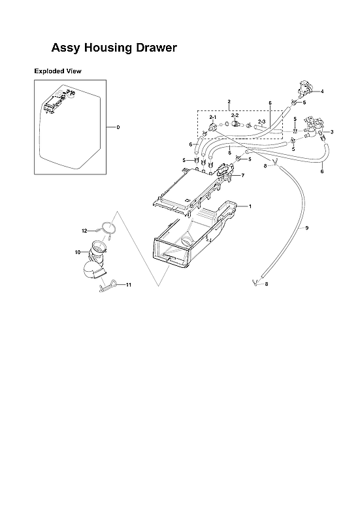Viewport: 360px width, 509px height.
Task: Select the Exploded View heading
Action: click(x=57, y=71)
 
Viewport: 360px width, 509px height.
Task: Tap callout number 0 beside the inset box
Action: click(x=118, y=127)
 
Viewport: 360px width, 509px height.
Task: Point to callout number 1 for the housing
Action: click(x=249, y=206)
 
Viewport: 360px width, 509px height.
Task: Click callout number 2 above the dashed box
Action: click(x=229, y=103)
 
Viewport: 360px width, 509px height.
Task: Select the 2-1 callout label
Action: click(x=212, y=116)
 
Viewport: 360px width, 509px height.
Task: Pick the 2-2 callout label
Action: click(x=235, y=115)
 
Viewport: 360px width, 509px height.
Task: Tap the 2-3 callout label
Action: click(x=261, y=122)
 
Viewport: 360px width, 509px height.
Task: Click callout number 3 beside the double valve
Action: click(x=332, y=132)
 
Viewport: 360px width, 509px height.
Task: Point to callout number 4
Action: click(x=321, y=91)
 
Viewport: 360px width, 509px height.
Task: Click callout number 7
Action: click(x=242, y=176)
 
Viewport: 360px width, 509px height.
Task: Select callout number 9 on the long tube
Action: click(x=306, y=228)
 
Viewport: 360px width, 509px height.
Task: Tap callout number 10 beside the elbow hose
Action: click(x=77, y=252)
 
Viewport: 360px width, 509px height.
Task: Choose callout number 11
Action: click(x=129, y=285)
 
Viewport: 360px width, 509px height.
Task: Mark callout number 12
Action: click(x=84, y=231)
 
